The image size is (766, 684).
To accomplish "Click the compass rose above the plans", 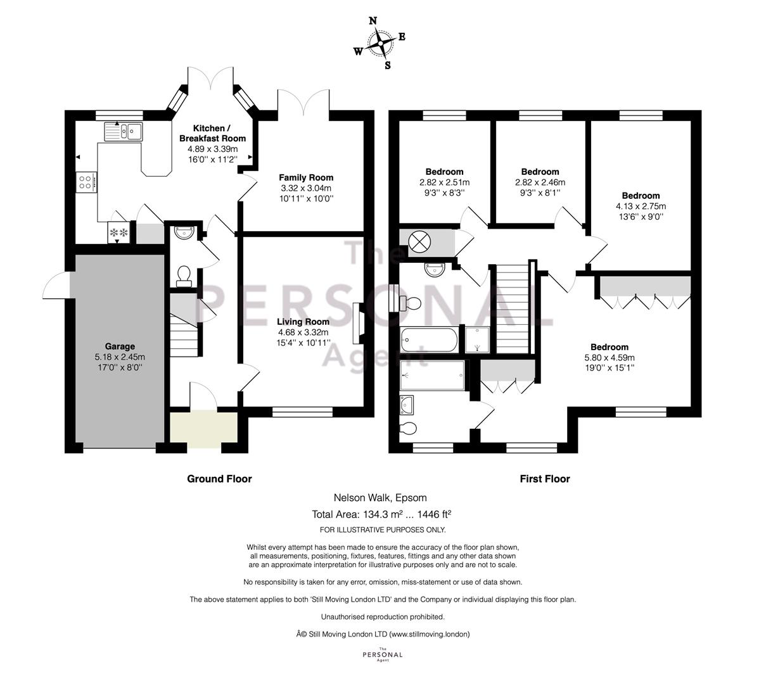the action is [x=380, y=44].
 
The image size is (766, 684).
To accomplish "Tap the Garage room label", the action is [x=120, y=346].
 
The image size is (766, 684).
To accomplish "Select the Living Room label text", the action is [x=303, y=322].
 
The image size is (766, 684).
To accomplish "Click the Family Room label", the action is [x=306, y=177].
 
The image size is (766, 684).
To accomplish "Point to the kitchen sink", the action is [x=124, y=132].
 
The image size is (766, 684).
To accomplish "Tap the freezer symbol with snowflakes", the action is [x=119, y=232].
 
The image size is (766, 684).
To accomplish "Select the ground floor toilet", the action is [x=184, y=276].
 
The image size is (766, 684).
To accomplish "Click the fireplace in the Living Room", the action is [x=357, y=323].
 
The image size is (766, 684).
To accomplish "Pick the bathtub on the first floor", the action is [x=429, y=339].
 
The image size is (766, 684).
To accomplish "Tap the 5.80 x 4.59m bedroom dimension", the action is [x=610, y=357].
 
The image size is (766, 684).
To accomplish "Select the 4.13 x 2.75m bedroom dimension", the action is [x=641, y=206].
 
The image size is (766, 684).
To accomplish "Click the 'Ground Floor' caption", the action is [x=219, y=479].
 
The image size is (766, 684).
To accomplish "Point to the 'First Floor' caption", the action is [x=544, y=479].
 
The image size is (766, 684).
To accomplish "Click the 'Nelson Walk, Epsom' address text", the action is [x=380, y=498].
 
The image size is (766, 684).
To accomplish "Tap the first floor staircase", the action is [x=513, y=308].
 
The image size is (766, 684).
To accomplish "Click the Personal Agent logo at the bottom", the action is [x=383, y=655].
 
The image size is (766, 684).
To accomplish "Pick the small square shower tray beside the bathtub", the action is [x=477, y=339].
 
